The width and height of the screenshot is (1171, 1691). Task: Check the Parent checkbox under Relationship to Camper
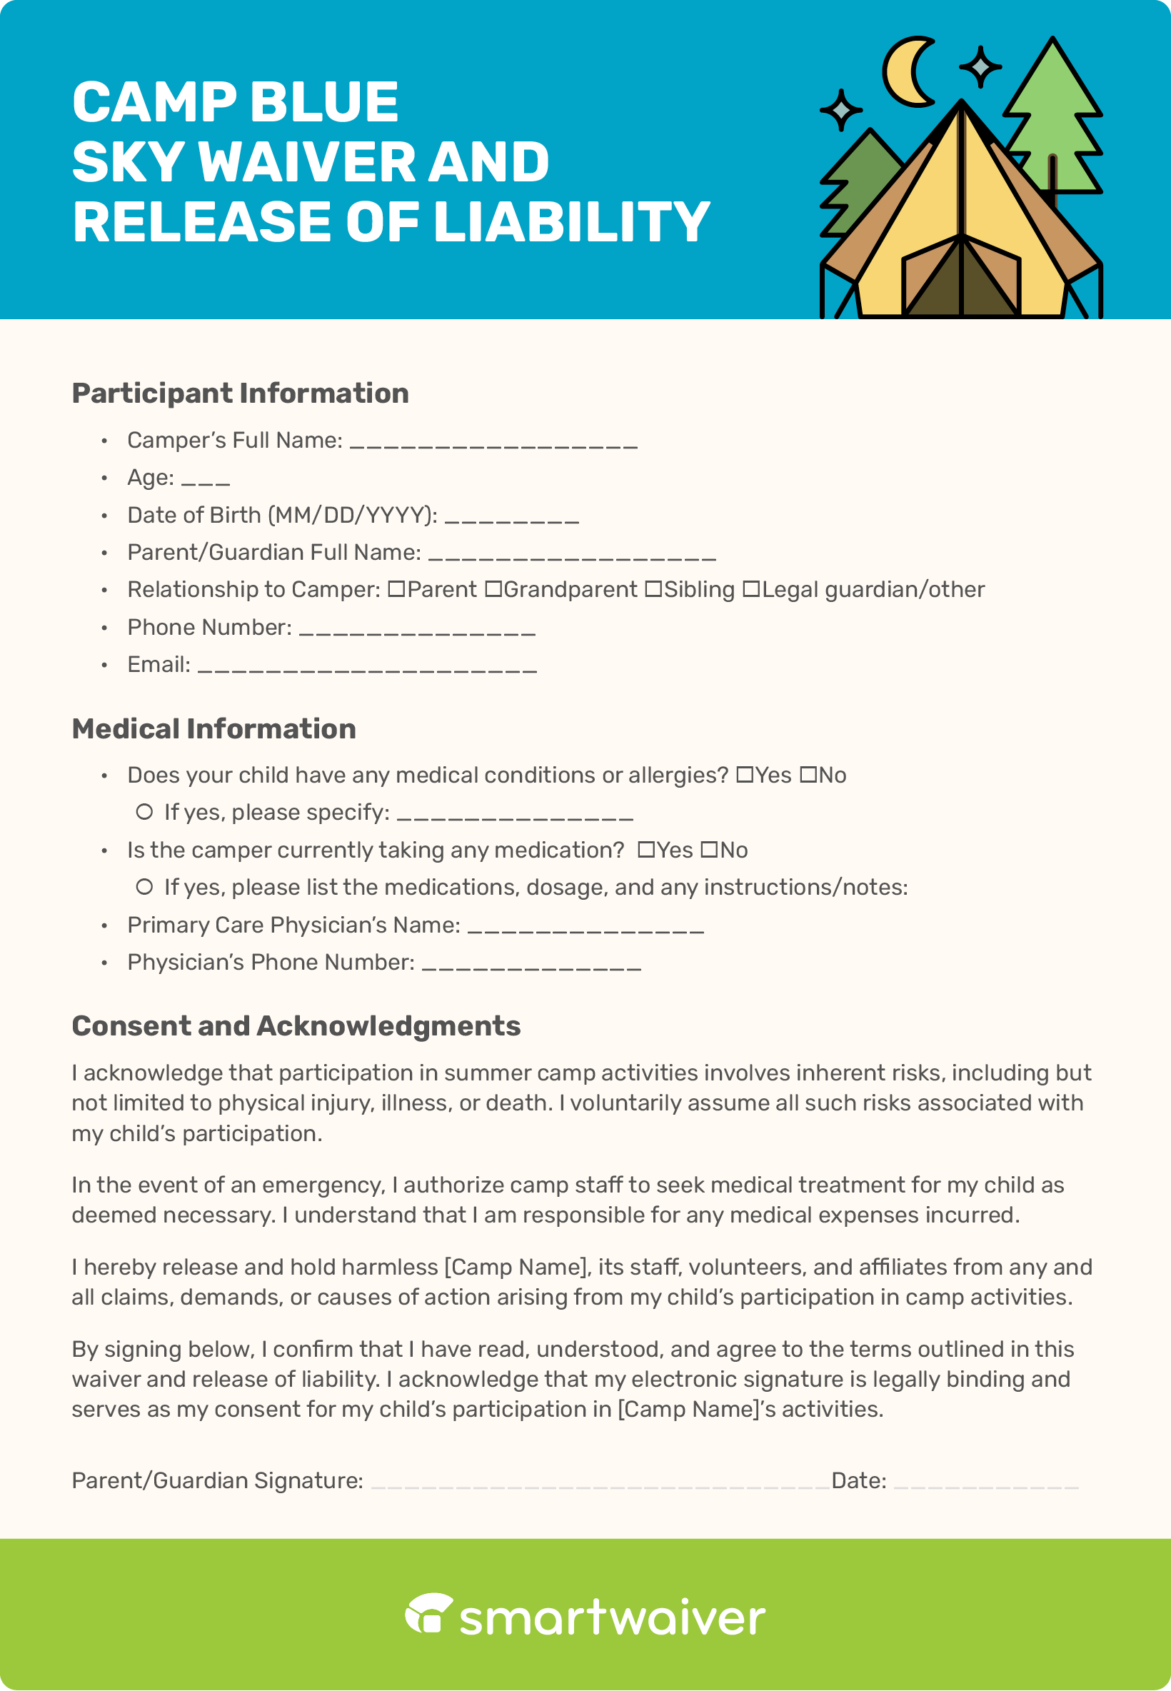pyautogui.click(x=396, y=589)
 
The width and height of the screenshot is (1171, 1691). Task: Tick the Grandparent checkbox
pyautogui.click(x=494, y=589)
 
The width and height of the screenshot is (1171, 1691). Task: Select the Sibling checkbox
pyautogui.click(x=653, y=589)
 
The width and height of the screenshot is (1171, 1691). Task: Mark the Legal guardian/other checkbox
pyautogui.click(x=751, y=589)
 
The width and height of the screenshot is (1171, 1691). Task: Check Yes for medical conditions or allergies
pyautogui.click(x=745, y=775)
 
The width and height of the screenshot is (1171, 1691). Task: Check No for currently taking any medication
pyautogui.click(x=709, y=850)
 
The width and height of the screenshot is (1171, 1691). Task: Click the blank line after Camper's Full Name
pyautogui.click(x=493, y=442)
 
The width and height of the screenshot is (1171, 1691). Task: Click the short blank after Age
pyautogui.click(x=206, y=481)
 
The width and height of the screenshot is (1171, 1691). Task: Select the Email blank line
pyautogui.click(x=367, y=667)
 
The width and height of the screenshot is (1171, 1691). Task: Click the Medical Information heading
pyautogui.click(x=213, y=728)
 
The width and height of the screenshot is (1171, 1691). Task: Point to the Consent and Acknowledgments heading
pyautogui.click(x=296, y=1025)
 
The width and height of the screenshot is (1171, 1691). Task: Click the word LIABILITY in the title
pyautogui.click(x=571, y=221)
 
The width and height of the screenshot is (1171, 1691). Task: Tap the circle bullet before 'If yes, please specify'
pyautogui.click(x=144, y=812)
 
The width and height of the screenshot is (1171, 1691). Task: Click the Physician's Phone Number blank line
pyautogui.click(x=531, y=965)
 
